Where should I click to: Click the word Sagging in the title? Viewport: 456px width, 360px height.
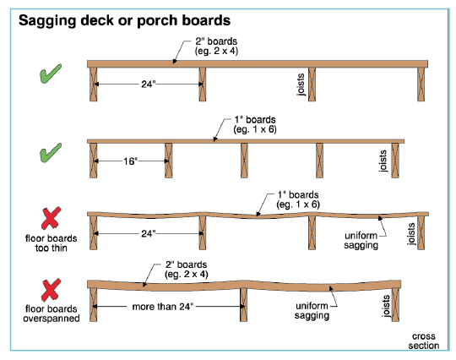47,21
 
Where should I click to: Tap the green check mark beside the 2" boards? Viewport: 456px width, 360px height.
51,74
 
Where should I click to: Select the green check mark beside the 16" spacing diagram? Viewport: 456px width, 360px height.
51,153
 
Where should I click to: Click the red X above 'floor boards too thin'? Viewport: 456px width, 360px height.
51,218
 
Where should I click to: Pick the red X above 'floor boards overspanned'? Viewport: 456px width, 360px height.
51,290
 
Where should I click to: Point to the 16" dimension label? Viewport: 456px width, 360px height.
130,161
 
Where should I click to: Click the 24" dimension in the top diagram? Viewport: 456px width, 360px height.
149,85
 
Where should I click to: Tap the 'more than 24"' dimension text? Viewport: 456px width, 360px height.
163,307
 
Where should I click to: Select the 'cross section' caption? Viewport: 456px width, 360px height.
423,341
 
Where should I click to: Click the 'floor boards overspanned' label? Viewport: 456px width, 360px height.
52,314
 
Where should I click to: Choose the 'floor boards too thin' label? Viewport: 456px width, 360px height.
52,243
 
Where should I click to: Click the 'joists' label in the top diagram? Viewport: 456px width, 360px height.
301,85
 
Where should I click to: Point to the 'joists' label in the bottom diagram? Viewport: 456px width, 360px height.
386,306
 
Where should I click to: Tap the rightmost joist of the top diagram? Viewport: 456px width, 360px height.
421,85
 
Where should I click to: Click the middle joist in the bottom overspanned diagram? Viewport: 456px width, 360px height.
244,305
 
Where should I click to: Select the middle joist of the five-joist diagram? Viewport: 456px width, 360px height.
244,161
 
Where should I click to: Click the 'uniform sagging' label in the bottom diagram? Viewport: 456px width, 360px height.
312,310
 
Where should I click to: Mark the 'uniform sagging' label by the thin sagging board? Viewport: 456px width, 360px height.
361,240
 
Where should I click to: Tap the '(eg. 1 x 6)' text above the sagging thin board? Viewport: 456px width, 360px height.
298,205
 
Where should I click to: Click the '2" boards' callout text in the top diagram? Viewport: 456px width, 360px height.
216,41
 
